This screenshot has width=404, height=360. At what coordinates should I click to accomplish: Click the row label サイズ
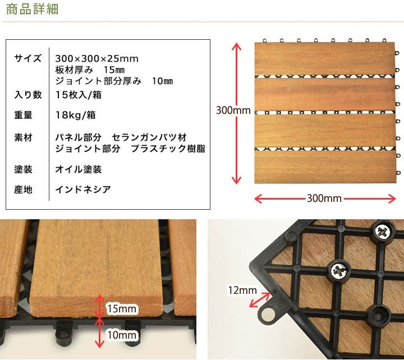(x=27, y=58)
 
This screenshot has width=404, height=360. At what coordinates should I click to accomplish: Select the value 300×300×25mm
(x=97, y=58)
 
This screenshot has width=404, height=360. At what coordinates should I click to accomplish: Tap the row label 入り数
(x=27, y=95)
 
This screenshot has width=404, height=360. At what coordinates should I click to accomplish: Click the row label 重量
(x=24, y=116)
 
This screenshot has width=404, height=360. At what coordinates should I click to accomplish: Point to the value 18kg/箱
(x=75, y=116)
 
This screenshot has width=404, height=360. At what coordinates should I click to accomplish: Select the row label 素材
(x=24, y=137)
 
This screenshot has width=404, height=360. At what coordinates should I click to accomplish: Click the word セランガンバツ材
(x=149, y=137)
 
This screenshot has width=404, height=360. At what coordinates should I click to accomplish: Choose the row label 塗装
(x=24, y=169)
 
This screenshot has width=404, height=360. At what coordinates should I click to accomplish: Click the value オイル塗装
(x=79, y=169)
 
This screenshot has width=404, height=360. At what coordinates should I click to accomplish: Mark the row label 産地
(x=24, y=190)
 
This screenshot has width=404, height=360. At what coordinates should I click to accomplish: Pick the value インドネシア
(x=83, y=190)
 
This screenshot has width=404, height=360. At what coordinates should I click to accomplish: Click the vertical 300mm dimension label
(x=233, y=111)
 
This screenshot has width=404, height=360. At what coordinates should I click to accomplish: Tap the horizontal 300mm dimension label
(x=325, y=199)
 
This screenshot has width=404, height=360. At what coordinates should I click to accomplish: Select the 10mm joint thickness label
(x=122, y=335)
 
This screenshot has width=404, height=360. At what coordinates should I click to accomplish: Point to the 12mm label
(x=242, y=290)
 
